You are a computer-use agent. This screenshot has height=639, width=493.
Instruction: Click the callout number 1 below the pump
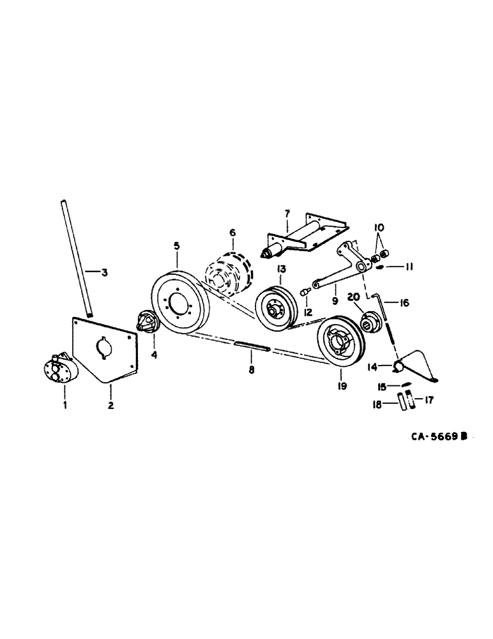pyautogui.click(x=64, y=405)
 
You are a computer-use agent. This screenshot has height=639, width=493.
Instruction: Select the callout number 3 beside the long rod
pyautogui.click(x=105, y=273)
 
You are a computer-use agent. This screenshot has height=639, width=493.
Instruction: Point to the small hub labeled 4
pyautogui.click(x=147, y=321)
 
